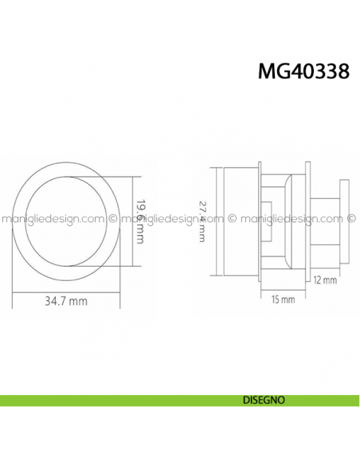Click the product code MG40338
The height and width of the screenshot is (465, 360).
tap(303, 72)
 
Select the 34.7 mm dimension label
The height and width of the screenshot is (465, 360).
tap(67, 302)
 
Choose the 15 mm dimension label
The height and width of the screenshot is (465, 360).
tap(283, 299)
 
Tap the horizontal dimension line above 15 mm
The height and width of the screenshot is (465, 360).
tap(283, 291)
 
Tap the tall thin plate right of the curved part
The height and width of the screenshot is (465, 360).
tap(307, 221)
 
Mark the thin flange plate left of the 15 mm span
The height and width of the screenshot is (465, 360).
tap(260, 220)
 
